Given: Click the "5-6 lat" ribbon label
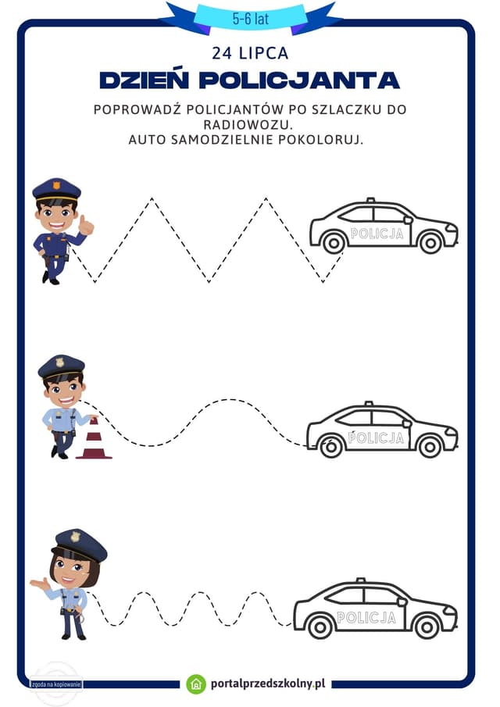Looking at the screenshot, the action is coord(250,19).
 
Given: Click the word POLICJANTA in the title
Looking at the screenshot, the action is coord(299,80).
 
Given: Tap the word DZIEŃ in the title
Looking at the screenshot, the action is coord(145,80).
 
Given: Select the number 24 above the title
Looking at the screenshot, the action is coord(222,53).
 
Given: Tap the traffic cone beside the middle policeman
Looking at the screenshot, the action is coord(94,438).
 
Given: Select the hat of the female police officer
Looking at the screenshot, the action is coord(80,545).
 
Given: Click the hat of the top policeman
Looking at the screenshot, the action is coord(57,189).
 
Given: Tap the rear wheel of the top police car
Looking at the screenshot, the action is coord(334,244).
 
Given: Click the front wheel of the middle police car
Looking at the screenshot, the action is coord(430,447).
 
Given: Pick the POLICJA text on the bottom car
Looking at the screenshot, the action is coord(366,617).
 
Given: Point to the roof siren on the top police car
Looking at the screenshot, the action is coord(370,200).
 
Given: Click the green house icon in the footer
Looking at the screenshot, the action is coord(196,684).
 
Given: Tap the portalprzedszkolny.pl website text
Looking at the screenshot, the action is coord(268,684).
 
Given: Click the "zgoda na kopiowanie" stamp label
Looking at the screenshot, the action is coord(56,684).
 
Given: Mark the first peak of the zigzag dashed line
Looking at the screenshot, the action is coord(152,198).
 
